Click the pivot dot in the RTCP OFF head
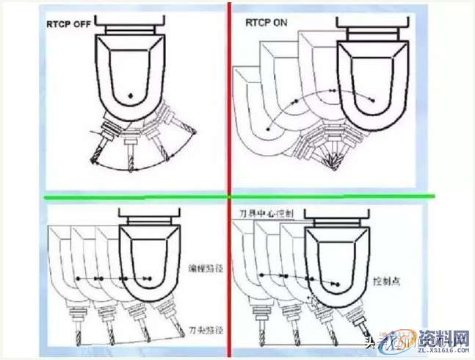tap(129, 94)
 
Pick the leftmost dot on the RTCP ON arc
tap(268, 129)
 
